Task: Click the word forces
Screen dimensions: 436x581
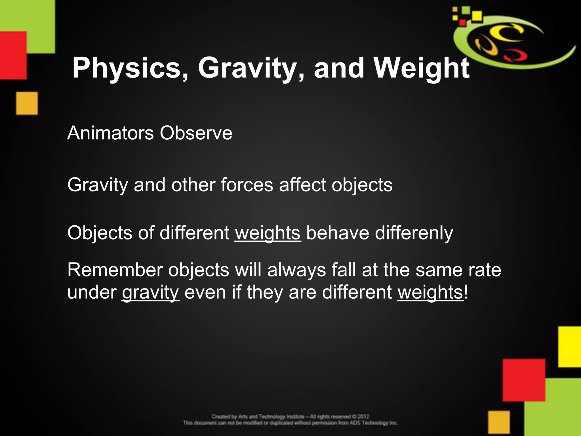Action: (247, 185)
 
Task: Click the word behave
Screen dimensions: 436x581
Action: (338, 233)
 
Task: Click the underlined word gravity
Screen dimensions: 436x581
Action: (150, 292)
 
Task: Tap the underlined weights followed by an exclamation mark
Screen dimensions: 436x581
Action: (430, 292)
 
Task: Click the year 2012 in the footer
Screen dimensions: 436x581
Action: (363, 417)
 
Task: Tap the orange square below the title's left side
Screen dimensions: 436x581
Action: (27, 103)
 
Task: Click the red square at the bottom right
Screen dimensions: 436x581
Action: (524, 380)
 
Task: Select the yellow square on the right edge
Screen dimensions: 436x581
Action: (570, 347)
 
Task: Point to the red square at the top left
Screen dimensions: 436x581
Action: (13, 55)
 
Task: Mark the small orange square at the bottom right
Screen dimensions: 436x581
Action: (499, 422)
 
